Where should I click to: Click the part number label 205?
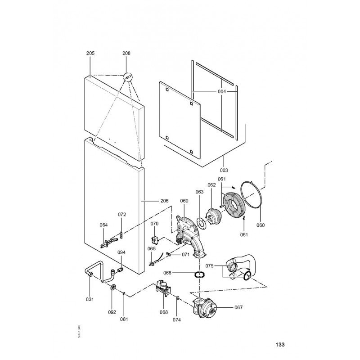coord(90,53)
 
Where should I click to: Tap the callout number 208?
coord(126,53)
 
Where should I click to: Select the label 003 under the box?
coord(224,170)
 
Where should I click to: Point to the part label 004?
coord(221,92)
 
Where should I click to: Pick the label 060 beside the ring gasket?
coord(261,225)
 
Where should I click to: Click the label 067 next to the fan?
coord(238,307)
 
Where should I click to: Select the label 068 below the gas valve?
coord(163,312)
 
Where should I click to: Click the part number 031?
coord(90,300)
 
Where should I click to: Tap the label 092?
coord(112,312)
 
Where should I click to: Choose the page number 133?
coord(280,345)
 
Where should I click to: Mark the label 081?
coord(124,319)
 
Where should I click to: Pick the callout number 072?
coord(121,214)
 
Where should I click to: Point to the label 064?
coord(104,225)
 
